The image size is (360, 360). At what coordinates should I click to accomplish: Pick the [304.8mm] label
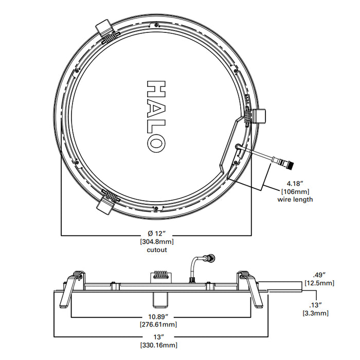pos(156,242)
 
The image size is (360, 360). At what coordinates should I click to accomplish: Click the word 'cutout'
pos(156,249)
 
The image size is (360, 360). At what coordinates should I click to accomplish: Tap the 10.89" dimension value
pos(157,317)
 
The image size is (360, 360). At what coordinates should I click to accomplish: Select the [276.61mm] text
pos(157,325)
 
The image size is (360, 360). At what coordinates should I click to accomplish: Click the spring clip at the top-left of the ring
pos(105,31)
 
